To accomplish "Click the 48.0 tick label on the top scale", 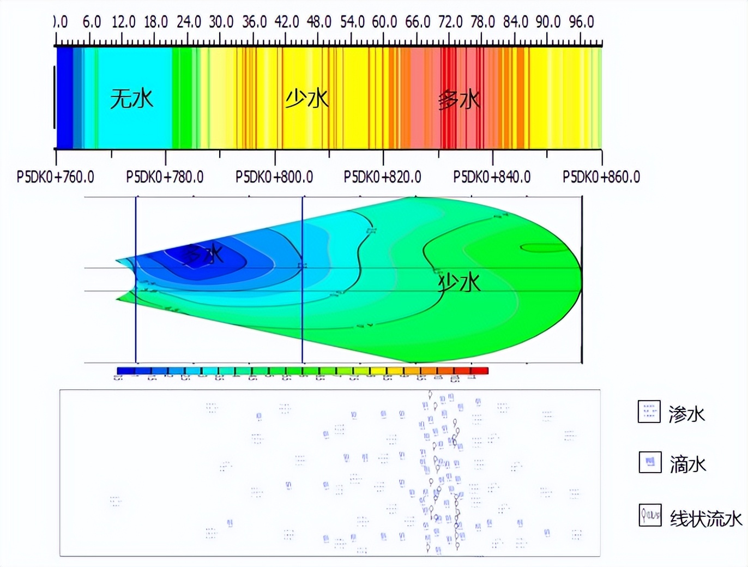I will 319,22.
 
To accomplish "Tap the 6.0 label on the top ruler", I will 92,22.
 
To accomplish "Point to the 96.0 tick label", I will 581,22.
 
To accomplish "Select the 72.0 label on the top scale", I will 450,22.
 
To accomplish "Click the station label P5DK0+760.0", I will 55,177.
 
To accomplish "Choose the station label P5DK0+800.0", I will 274,177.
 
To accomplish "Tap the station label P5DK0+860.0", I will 601,177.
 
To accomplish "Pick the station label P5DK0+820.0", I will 383,177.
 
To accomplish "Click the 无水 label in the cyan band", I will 132,99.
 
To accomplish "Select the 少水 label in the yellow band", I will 307,99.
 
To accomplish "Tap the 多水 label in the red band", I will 459,100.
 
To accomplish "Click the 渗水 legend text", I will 687,414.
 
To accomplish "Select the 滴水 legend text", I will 688,465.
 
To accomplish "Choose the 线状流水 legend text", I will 706,518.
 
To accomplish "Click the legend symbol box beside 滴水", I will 650,462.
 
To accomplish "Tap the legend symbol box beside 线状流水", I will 650,515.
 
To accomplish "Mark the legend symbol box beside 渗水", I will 649,412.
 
